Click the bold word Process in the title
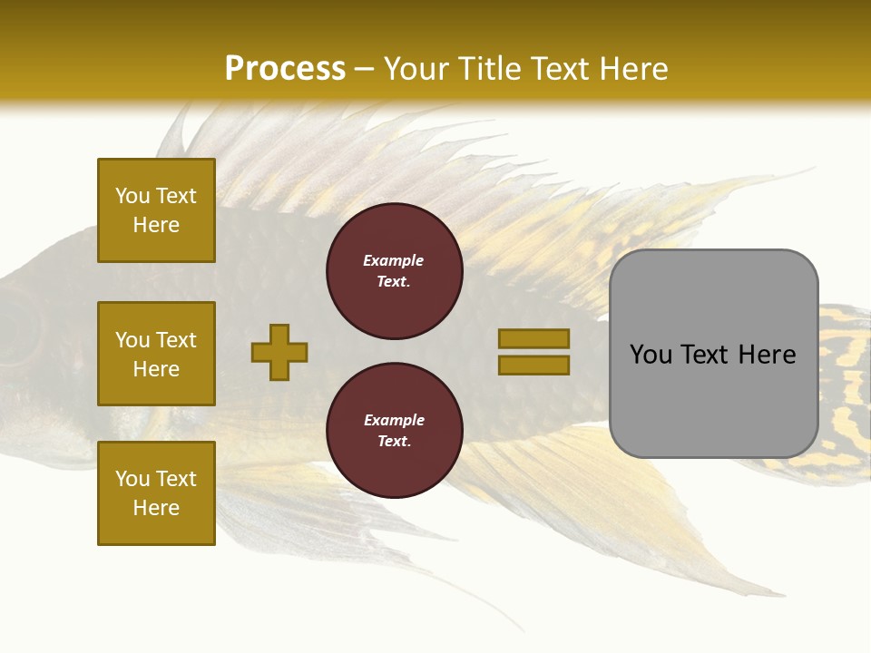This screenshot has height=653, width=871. (x=285, y=68)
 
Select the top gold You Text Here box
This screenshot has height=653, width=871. (x=156, y=210)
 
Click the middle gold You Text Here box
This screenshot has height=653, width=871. (x=156, y=354)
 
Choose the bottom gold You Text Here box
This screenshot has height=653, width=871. (x=156, y=492)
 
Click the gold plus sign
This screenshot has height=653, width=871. (x=279, y=352)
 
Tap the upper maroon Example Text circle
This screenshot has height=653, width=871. (x=394, y=271)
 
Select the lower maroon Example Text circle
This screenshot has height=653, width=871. (x=394, y=431)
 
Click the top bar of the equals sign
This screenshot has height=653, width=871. (x=533, y=338)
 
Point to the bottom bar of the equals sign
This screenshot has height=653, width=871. (x=533, y=365)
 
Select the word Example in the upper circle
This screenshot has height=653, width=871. (x=394, y=260)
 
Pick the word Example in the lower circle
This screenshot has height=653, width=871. (x=394, y=420)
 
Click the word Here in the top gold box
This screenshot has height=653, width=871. (x=156, y=225)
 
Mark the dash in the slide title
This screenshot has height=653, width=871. (x=365, y=70)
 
